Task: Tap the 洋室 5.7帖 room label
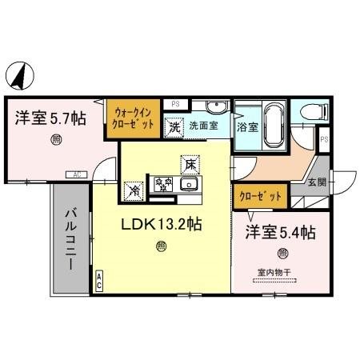50,118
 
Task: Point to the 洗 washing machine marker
174,126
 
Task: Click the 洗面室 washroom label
204,126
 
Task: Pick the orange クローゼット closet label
260,195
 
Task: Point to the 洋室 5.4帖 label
280,233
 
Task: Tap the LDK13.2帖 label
161,225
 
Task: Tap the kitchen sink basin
190,186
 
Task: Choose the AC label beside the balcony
98,281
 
